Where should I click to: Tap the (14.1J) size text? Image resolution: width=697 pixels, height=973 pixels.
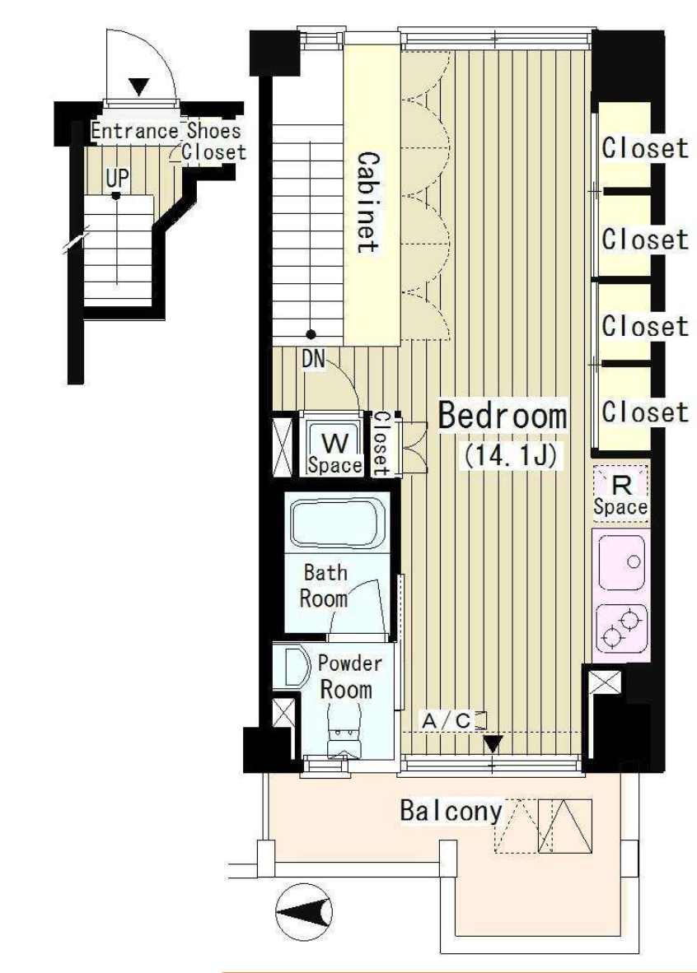click(x=507, y=457)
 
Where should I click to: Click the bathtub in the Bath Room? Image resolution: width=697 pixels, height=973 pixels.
click(x=336, y=524)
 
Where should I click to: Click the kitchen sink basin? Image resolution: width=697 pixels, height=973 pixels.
click(x=621, y=562)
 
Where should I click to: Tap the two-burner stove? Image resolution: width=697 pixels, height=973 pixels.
click(x=621, y=628)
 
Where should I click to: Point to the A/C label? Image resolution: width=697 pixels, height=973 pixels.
click(x=447, y=721)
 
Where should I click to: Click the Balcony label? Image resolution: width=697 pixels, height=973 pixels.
click(x=451, y=810)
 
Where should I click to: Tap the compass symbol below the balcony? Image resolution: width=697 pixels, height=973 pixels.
click(x=304, y=912)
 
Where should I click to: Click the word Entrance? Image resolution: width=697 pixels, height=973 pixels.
click(x=134, y=131)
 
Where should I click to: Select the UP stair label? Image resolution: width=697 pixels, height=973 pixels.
click(x=117, y=179)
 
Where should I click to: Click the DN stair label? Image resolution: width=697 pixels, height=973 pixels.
click(x=315, y=359)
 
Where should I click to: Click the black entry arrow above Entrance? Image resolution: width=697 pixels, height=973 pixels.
click(x=141, y=87)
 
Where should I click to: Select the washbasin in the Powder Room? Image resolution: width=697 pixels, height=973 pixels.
click(x=294, y=667)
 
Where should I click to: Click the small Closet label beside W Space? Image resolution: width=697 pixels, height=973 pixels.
click(x=381, y=444)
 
